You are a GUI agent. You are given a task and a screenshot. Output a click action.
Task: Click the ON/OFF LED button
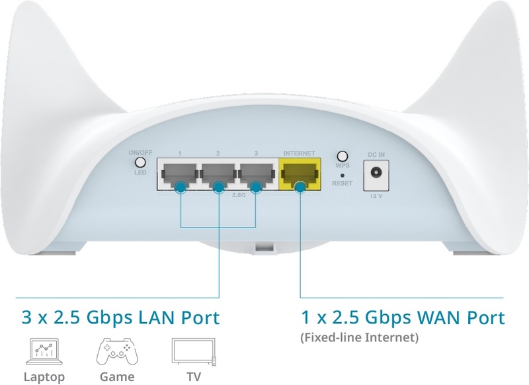(140, 163)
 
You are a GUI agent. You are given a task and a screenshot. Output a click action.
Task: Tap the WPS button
(343, 156)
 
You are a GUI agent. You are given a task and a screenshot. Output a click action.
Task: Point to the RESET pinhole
(343, 175)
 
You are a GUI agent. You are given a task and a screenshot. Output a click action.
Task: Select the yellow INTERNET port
(300, 174)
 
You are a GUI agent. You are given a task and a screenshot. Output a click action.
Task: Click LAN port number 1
(179, 174)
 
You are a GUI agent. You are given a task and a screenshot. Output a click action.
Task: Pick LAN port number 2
(218, 174)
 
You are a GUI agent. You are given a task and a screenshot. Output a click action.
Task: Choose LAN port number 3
(256, 174)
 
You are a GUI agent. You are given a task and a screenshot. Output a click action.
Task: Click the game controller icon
(117, 352)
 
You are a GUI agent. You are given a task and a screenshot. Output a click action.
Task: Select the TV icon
(194, 352)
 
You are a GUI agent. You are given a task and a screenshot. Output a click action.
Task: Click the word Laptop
(44, 376)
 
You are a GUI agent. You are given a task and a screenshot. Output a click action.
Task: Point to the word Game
(117, 376)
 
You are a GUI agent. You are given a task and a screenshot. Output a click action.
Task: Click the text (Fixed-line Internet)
(359, 337)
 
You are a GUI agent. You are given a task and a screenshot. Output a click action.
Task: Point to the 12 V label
(376, 196)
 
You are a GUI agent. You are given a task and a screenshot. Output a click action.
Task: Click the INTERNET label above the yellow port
(300, 153)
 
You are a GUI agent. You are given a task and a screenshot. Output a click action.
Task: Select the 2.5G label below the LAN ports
(239, 195)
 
